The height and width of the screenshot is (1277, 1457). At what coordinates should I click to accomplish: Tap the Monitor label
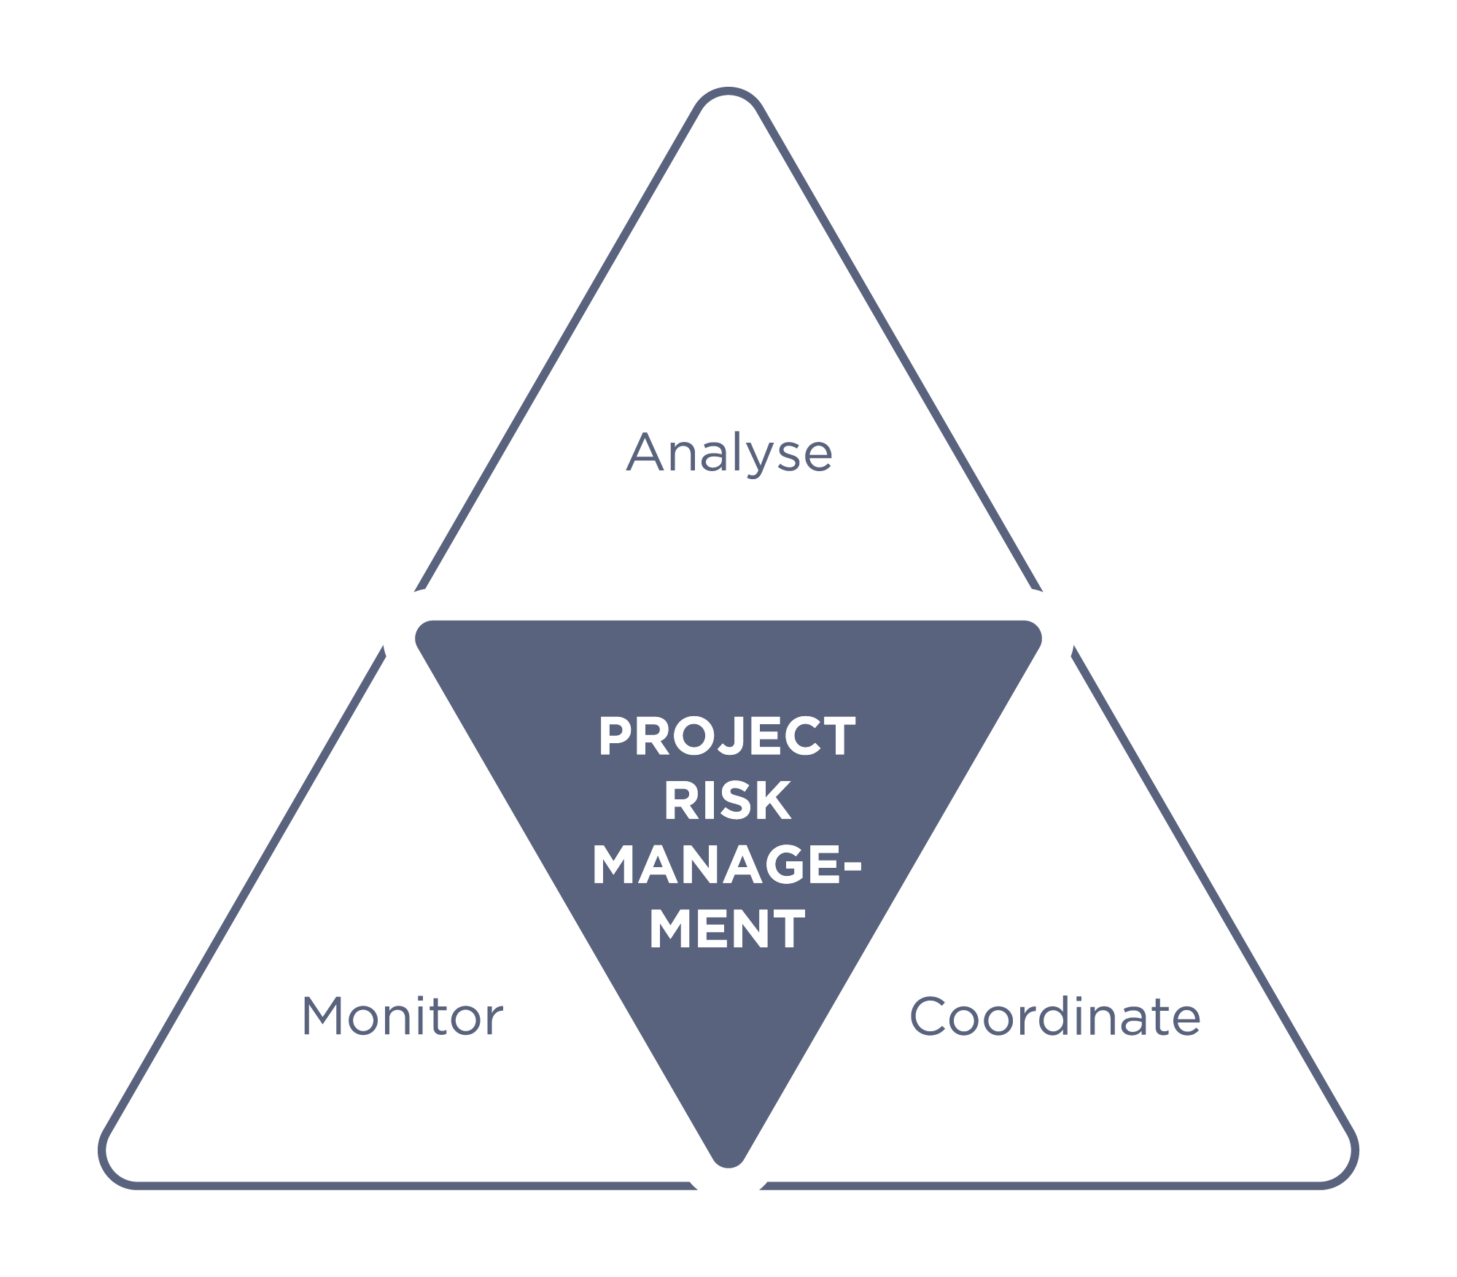point(403,1017)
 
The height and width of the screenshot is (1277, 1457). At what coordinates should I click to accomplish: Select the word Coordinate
point(1054,1017)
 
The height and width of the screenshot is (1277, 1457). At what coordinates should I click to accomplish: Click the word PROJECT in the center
point(727,737)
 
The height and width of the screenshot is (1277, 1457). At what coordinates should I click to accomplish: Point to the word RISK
point(727,801)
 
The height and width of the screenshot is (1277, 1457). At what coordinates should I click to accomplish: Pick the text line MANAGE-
point(727,865)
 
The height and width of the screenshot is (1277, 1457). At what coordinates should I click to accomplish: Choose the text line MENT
point(727,928)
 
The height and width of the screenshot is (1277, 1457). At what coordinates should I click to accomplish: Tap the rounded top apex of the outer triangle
point(728,90)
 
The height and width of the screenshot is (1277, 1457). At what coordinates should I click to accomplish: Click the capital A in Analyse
point(648,452)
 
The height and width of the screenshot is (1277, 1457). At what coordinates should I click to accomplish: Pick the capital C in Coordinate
point(929,1016)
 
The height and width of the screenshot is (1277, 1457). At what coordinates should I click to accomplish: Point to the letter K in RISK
point(773,801)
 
